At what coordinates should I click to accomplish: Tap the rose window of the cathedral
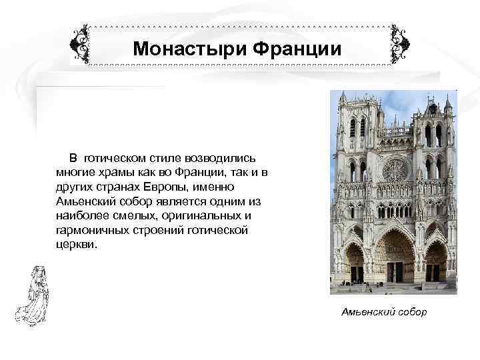(x=395, y=169)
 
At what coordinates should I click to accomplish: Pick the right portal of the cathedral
(x=436, y=263)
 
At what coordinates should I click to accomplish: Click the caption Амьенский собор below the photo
(x=384, y=312)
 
